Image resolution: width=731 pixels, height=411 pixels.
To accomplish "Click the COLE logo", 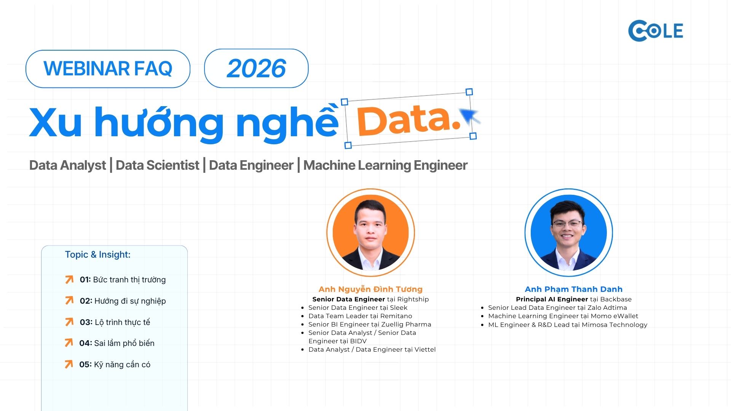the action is point(656,30).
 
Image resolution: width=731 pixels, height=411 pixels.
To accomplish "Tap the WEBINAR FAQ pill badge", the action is point(108,69).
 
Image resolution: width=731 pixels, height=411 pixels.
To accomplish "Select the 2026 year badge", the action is point(256,68).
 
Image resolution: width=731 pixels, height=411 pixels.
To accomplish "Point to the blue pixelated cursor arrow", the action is point(470,116).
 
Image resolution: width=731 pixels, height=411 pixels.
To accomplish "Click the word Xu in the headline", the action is point(56,122).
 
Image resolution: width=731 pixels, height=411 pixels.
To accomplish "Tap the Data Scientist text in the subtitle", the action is point(157,165).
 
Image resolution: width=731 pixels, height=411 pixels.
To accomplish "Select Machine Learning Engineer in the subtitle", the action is point(385,165).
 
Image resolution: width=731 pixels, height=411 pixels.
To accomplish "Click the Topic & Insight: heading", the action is point(97,255).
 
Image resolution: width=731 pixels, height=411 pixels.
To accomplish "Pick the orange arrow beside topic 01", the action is point(69,280).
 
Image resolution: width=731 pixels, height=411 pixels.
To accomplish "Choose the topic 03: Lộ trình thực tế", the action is point(115,322).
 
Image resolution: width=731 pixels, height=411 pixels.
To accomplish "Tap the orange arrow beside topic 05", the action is point(69,364).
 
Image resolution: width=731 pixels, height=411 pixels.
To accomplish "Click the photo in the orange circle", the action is point(370,233).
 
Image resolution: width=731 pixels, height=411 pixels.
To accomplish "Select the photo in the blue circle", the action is point(568,233).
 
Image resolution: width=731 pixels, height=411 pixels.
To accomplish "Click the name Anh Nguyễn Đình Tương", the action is point(370,289).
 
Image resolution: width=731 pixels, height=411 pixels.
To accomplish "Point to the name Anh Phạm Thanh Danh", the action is point(573,289).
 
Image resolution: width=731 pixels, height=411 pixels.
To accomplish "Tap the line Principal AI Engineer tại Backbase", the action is point(574,299).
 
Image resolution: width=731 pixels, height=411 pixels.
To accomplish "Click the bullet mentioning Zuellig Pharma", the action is point(370,324).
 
